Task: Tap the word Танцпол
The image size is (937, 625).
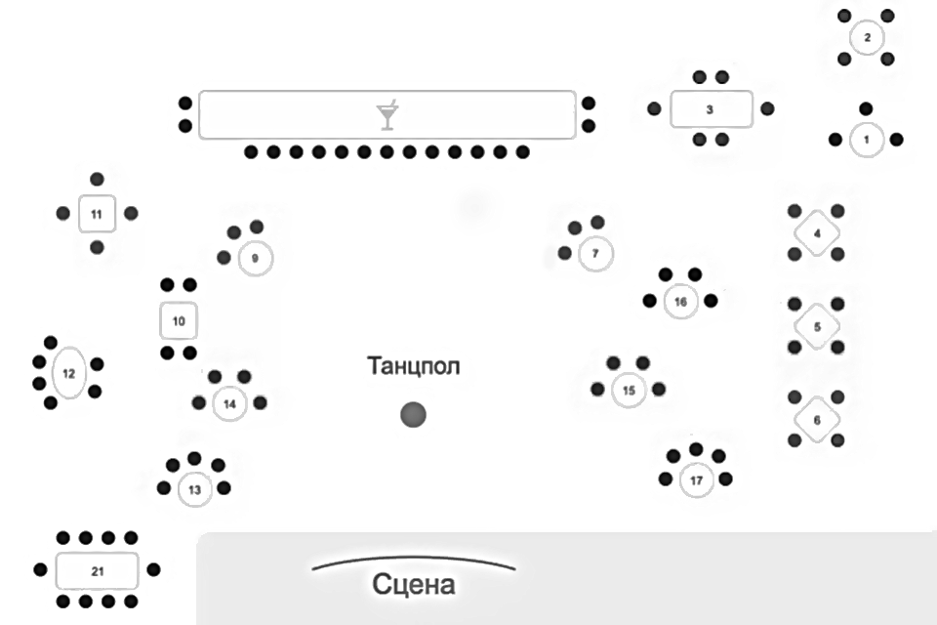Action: point(413,366)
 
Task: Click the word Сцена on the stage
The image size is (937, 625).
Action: point(413,585)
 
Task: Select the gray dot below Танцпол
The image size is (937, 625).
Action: point(413,415)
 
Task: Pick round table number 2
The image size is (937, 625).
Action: point(867,38)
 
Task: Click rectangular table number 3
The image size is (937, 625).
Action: point(710,108)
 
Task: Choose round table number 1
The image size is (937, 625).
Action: point(866,140)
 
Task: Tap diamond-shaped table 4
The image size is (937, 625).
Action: point(817,233)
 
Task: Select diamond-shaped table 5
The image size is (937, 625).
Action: point(817,326)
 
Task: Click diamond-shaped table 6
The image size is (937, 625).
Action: point(817,420)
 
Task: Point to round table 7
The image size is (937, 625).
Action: point(595,254)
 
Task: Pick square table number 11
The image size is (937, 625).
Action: point(97,213)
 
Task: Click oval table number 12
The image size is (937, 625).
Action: point(68,373)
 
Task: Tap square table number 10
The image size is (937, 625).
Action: point(179,320)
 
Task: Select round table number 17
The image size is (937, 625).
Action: point(696,480)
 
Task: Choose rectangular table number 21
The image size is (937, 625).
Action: point(97,569)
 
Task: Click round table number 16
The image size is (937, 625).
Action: point(680,302)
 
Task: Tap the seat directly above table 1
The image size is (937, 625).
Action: point(866,108)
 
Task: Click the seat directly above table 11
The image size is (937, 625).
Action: point(97,179)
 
